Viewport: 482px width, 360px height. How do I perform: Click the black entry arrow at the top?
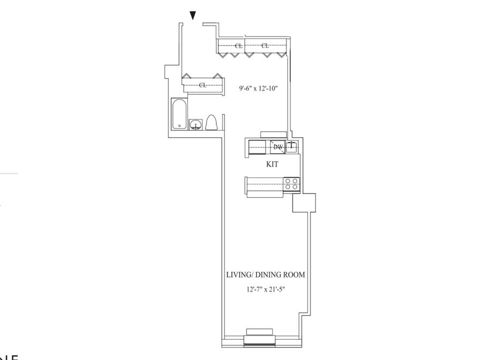(193, 17)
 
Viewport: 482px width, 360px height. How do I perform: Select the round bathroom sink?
(196, 125)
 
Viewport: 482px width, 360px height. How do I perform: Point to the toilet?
(210, 123)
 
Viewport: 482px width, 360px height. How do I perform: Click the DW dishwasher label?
(278, 147)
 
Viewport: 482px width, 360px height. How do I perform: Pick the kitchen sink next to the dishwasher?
(291, 146)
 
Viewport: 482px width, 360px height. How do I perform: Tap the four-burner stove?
(292, 184)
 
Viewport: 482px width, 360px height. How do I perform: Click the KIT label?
(272, 164)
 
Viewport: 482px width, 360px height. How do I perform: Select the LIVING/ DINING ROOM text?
(266, 275)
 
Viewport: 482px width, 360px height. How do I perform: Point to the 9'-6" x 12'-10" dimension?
(258, 89)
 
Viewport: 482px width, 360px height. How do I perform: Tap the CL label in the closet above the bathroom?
(202, 85)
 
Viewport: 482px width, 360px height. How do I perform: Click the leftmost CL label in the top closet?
(238, 46)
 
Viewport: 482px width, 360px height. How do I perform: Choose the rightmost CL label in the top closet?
(265, 46)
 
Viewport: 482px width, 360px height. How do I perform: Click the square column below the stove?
(304, 202)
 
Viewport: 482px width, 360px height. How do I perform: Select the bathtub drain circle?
(179, 125)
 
